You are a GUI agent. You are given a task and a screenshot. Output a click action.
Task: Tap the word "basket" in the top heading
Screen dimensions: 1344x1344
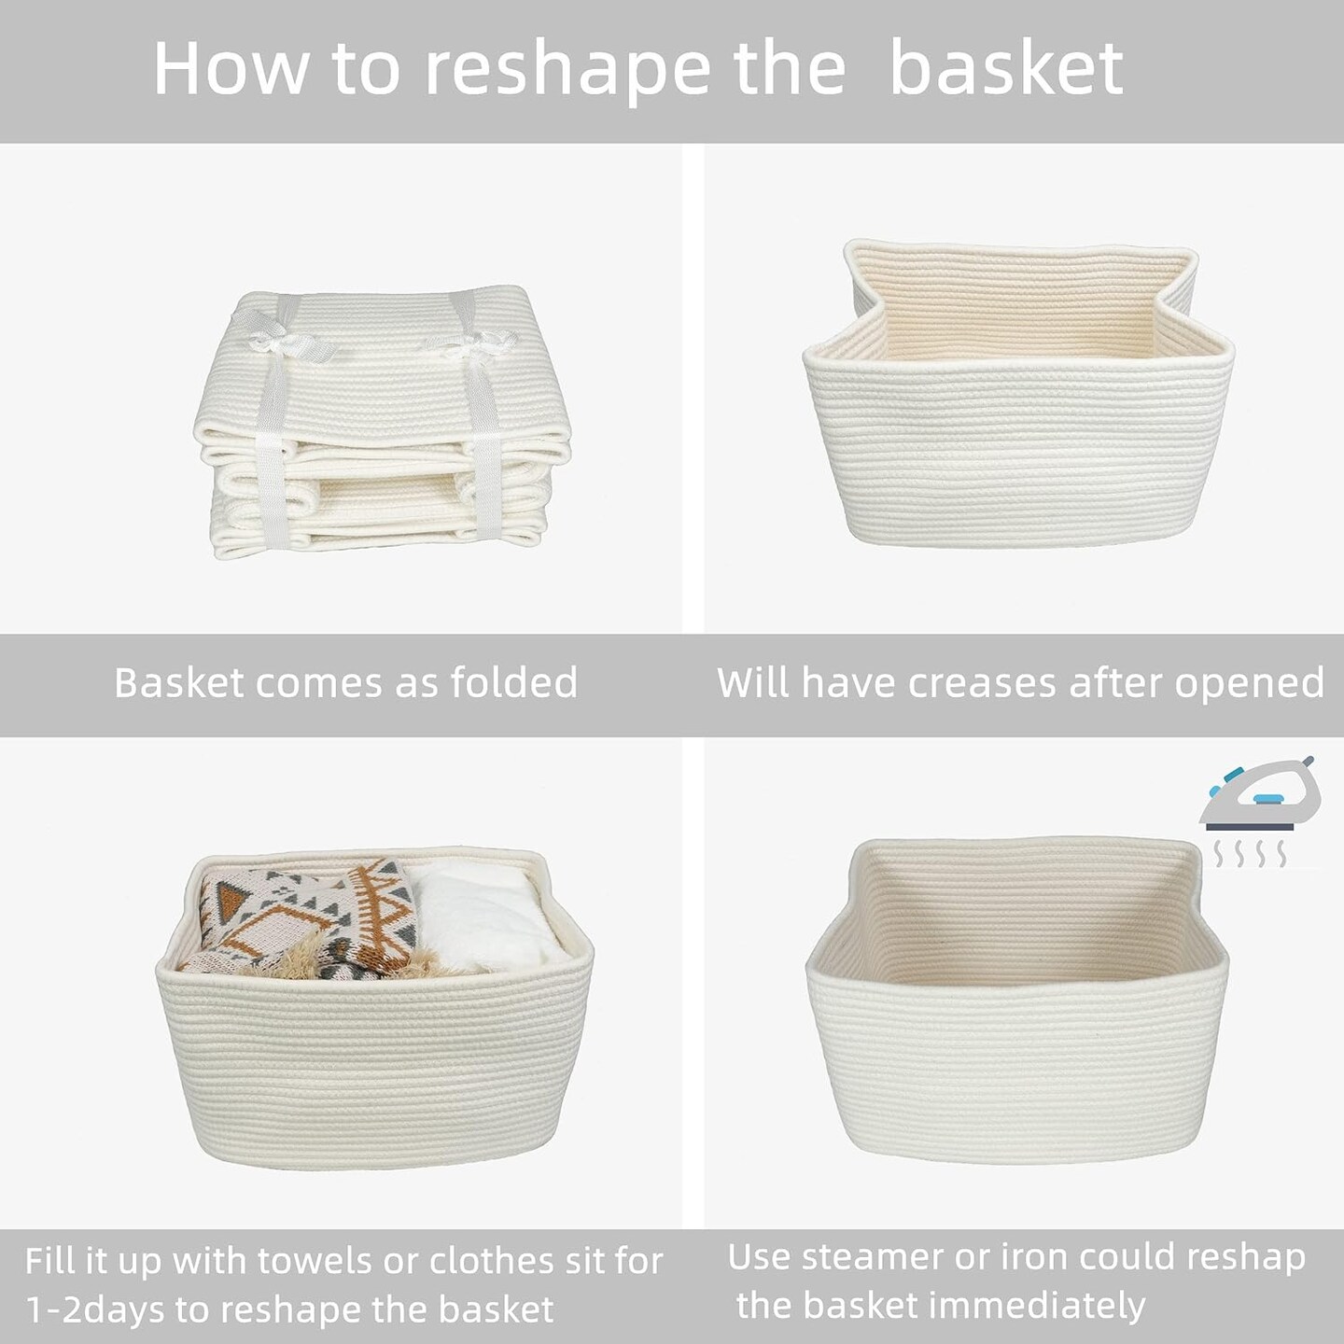point(1006,68)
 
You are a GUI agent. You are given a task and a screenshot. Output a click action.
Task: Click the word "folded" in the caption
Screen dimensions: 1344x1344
point(514,682)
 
